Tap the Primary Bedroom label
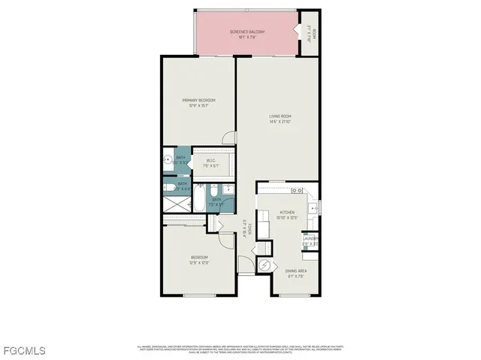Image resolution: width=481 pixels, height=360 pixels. click(x=198, y=102)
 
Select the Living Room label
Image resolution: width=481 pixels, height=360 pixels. click(x=280, y=118)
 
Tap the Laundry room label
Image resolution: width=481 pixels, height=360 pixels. click(x=310, y=242)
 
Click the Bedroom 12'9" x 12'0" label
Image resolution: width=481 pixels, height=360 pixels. click(x=198, y=260)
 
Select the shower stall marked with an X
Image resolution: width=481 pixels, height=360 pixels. click(x=177, y=204)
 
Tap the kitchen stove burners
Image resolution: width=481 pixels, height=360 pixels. click(x=298, y=190)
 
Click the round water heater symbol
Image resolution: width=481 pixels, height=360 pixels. click(x=265, y=265)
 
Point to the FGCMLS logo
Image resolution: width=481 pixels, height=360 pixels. click(x=23, y=351)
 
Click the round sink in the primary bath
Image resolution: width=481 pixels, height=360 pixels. click(x=167, y=160)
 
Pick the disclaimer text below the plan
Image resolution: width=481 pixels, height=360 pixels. click(x=240, y=349)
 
